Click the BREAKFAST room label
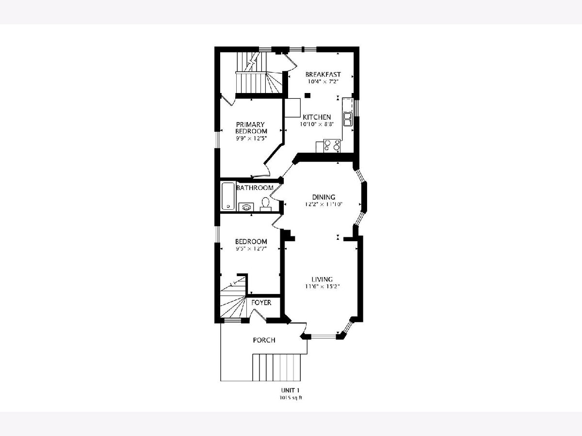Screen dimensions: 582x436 323,75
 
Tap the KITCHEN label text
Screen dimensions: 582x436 317,117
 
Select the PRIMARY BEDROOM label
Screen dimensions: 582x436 251,127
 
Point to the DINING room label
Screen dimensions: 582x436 323,197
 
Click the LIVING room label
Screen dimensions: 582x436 322,279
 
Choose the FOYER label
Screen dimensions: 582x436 261,302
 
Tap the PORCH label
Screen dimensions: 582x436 264,340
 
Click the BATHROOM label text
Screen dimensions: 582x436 255,187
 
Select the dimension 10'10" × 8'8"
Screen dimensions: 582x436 317,124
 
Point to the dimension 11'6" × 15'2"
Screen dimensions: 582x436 322,286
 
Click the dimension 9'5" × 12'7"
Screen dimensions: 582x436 251,249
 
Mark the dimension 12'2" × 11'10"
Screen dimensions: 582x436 324,204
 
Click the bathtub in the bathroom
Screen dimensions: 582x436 228,196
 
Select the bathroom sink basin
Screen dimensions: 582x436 246,207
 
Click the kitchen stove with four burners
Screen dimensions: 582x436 332,146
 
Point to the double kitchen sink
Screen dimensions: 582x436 347,119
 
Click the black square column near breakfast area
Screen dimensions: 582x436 307,95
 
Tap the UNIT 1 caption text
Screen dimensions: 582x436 291,390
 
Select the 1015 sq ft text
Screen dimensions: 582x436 291,398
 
